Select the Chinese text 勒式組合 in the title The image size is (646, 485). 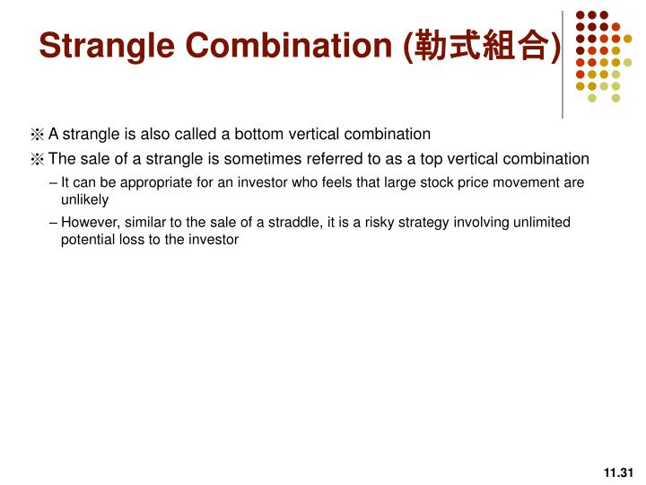click(485, 45)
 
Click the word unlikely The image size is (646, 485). click(84, 199)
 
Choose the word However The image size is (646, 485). click(91, 222)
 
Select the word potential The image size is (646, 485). click(87, 240)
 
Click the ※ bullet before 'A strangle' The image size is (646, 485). click(37, 135)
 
